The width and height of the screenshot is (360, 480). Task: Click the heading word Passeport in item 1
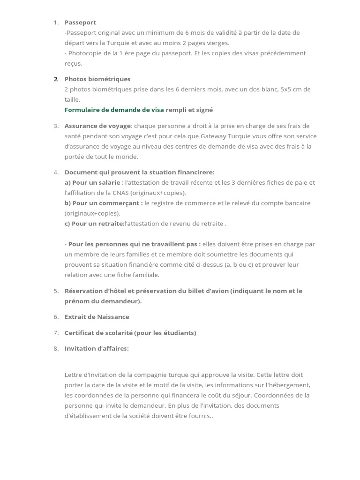click(x=80, y=22)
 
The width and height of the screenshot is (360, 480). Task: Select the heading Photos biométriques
click(x=97, y=79)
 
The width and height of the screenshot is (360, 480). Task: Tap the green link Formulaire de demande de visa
click(x=114, y=110)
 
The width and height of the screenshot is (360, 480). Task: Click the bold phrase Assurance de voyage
click(x=98, y=126)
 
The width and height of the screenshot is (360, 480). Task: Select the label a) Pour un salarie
click(x=92, y=182)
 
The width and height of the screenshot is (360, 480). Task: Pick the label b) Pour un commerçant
click(x=104, y=203)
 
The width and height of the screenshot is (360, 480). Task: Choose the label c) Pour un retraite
click(x=94, y=224)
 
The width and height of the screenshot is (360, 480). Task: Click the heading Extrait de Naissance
click(x=97, y=317)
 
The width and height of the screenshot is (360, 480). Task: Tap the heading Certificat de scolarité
click(x=98, y=333)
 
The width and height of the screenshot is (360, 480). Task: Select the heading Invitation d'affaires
click(x=97, y=348)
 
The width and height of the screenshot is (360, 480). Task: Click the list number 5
click(x=56, y=291)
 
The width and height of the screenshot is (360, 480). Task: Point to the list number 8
click(x=56, y=348)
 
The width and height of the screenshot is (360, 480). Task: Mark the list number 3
click(x=56, y=126)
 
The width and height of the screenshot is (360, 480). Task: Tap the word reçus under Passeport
click(x=73, y=63)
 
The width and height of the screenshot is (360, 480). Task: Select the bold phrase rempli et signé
click(x=189, y=110)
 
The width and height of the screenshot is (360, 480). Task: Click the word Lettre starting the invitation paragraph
click(x=73, y=375)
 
